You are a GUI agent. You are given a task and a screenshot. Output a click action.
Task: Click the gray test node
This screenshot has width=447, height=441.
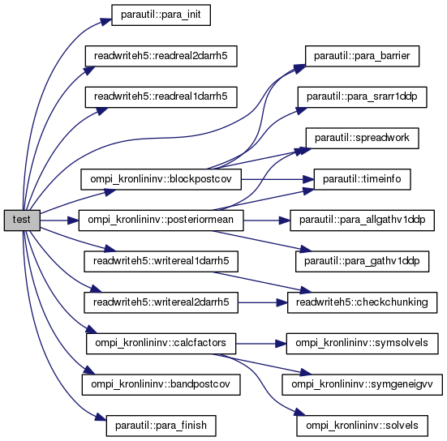(x=22, y=220)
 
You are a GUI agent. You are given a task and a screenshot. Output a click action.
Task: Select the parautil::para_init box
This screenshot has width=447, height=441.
(x=161, y=15)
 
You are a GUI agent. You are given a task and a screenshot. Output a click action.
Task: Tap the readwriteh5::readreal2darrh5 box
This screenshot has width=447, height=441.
(x=161, y=56)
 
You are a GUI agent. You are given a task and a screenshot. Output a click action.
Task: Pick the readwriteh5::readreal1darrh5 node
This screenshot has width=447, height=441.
(x=161, y=97)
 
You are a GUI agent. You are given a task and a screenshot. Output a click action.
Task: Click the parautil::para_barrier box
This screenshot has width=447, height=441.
(x=362, y=56)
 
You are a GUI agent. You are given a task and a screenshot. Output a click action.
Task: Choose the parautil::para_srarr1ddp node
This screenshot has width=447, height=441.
(x=362, y=97)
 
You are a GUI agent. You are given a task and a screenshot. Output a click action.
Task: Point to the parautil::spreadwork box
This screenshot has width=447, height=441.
(x=362, y=138)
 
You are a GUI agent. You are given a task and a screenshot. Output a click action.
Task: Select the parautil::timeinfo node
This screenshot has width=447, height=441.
(x=362, y=179)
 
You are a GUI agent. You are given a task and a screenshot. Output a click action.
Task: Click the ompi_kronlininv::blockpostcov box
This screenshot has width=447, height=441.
(x=161, y=179)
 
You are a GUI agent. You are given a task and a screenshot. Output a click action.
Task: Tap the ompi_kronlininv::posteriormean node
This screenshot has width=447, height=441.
(x=161, y=220)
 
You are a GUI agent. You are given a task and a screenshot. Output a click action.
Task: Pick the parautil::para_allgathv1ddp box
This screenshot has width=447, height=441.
(x=362, y=220)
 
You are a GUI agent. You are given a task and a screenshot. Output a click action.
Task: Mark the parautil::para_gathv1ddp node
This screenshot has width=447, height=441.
(x=362, y=261)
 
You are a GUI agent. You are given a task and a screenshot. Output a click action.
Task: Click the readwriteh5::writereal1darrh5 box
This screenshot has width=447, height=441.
(x=161, y=261)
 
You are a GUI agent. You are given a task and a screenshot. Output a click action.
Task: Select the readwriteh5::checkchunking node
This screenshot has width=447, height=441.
(x=362, y=302)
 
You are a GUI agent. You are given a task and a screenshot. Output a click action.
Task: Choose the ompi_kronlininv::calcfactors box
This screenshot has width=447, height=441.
(x=161, y=343)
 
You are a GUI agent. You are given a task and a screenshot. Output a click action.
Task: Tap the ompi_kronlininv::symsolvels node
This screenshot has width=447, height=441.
(x=362, y=343)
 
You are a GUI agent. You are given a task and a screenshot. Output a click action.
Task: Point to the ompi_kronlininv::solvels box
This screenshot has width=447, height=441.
(x=362, y=426)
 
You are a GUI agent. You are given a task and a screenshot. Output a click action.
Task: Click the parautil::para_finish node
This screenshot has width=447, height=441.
(x=161, y=426)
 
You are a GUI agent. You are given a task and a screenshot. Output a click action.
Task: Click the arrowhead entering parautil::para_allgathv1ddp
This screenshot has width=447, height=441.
(x=285, y=220)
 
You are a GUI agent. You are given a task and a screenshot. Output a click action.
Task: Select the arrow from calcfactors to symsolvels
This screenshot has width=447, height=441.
(x=261, y=344)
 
